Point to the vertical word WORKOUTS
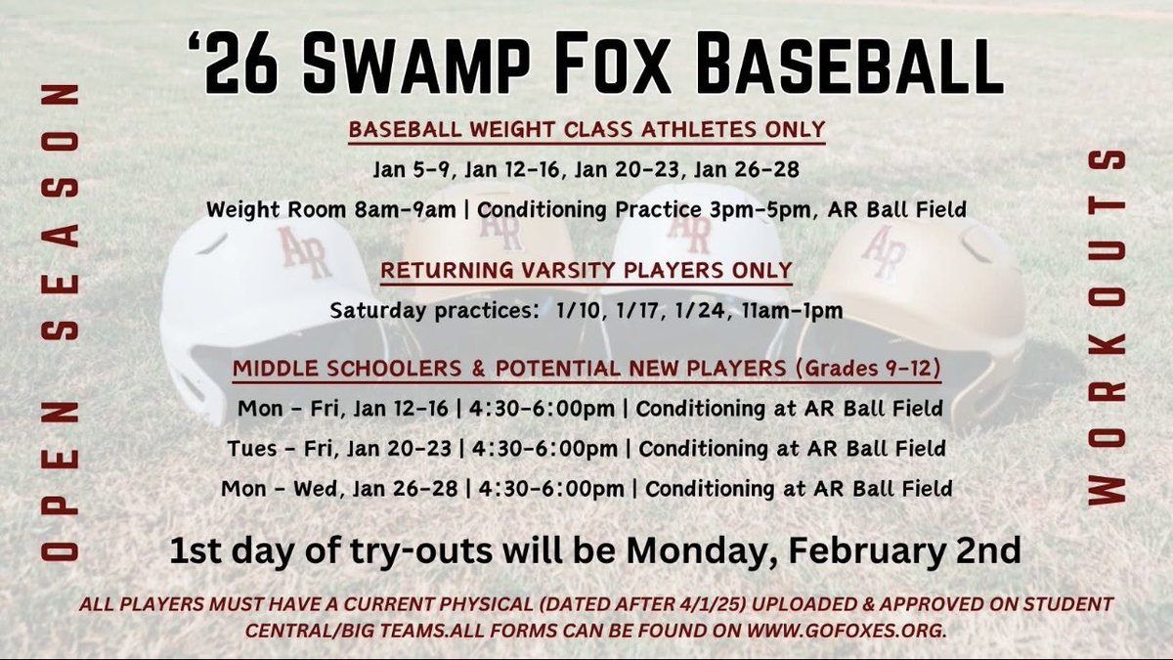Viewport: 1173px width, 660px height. [1108, 328]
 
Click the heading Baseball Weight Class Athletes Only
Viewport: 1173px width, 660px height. [586, 129]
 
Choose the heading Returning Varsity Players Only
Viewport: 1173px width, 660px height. [586, 269]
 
